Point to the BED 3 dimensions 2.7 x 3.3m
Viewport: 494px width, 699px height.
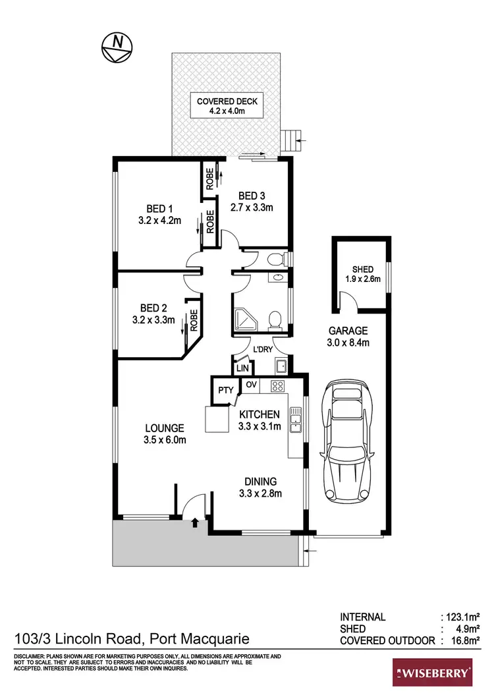click(x=252, y=207)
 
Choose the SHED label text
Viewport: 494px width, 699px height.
click(x=362, y=269)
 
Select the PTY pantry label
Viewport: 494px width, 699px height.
click(x=226, y=390)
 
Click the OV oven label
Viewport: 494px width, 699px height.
click(x=251, y=385)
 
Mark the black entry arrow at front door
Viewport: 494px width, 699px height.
click(x=195, y=524)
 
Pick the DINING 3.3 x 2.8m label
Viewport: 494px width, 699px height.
click(x=260, y=487)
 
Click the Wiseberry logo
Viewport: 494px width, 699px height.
click(x=433, y=673)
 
